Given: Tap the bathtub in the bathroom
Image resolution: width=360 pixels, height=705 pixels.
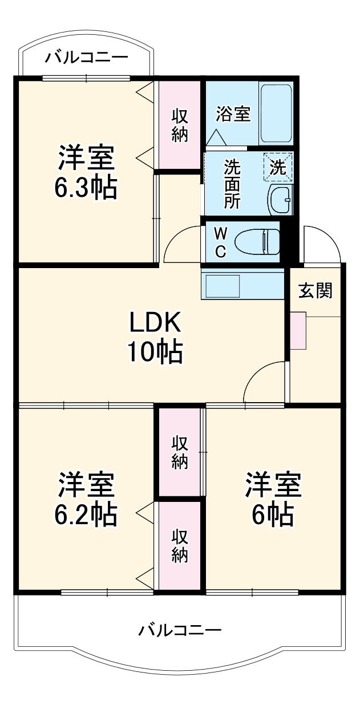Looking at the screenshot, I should (x=276, y=113).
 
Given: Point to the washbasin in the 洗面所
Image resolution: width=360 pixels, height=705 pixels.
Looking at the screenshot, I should (x=280, y=200).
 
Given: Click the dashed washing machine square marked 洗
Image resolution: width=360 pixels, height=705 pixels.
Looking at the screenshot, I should (x=278, y=167).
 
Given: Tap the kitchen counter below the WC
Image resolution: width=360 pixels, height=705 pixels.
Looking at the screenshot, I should (x=242, y=284).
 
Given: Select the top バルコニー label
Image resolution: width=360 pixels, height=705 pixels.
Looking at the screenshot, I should (x=87, y=57).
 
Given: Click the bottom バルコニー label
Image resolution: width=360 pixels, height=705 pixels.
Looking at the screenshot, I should (x=180, y=630).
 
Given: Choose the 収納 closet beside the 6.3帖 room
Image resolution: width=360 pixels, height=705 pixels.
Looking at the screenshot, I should (x=180, y=125).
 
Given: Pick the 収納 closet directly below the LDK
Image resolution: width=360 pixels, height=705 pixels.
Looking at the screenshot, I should (x=180, y=452).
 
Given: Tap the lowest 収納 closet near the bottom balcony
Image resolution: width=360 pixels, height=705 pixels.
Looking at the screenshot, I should (x=180, y=546).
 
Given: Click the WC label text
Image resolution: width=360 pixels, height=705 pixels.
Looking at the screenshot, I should (x=221, y=242).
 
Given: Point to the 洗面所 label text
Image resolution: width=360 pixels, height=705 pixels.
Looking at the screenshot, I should (x=232, y=184).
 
